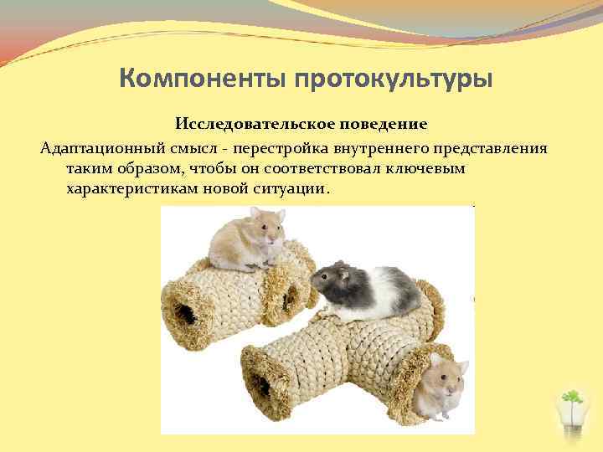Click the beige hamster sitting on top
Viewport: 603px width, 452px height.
pos(247,238)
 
